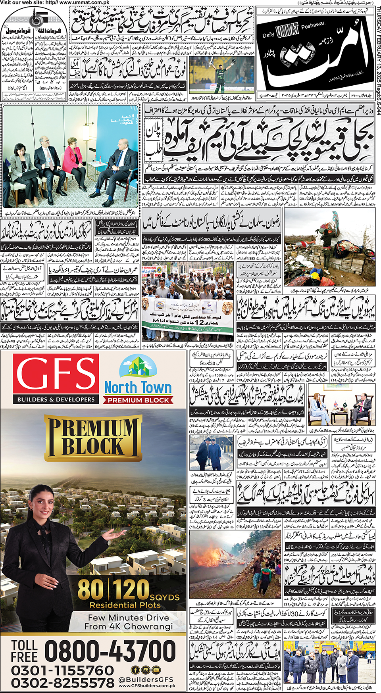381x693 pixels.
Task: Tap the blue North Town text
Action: tap(138, 387)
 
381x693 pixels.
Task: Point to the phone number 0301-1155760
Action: tap(62, 670)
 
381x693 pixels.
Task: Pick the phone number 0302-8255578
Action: tap(62, 683)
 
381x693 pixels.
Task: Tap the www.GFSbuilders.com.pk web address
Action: tap(147, 685)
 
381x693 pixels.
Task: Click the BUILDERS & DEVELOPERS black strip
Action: tap(56, 399)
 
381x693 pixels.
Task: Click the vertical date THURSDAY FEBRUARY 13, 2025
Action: tap(377, 52)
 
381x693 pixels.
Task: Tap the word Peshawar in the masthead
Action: tap(313, 25)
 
